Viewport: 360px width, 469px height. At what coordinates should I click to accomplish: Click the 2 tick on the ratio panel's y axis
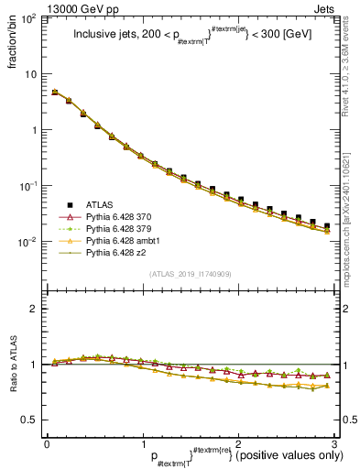34,309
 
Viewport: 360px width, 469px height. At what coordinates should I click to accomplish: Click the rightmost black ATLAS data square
327,225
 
